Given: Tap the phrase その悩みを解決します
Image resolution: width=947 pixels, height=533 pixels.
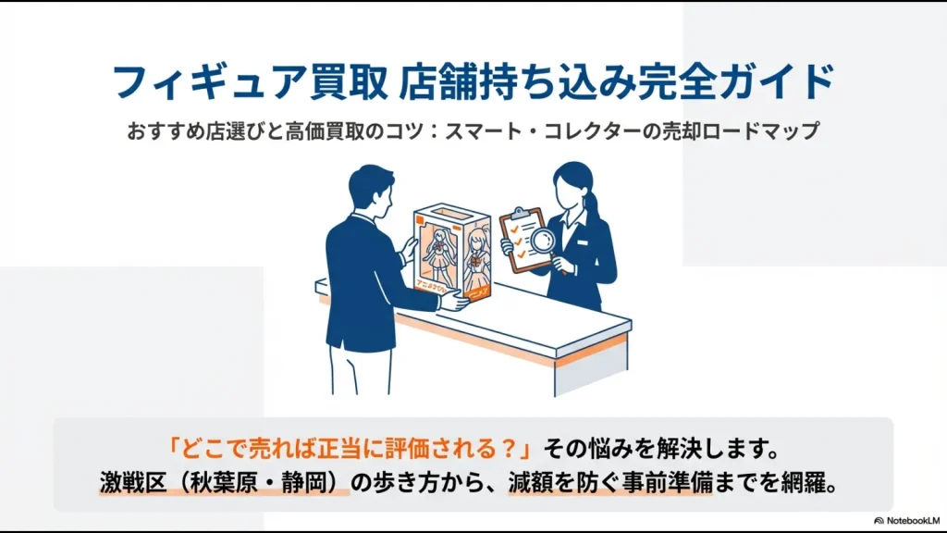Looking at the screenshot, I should pos(664,450).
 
